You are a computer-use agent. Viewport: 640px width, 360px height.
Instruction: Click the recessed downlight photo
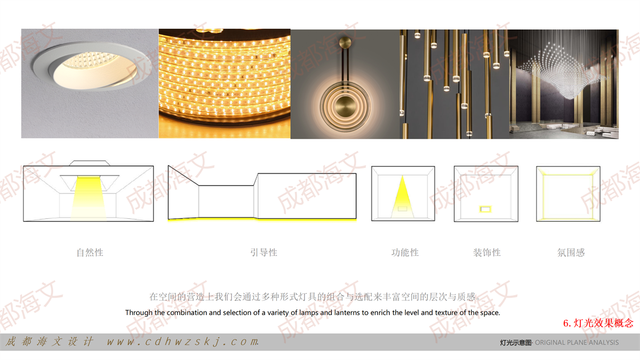pos(90,83)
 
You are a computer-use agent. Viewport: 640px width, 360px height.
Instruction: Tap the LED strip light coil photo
pos(225,83)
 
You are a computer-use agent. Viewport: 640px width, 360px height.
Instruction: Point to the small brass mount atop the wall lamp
pos(346,43)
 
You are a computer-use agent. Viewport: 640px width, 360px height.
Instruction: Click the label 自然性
pos(90,253)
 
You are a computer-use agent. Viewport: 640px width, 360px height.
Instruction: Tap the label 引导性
pos(263,253)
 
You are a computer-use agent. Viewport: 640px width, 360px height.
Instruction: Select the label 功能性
pos(405,253)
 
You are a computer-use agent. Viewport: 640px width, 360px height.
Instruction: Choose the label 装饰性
pos(487,253)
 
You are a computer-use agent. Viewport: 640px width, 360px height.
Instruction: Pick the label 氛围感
pos(571,253)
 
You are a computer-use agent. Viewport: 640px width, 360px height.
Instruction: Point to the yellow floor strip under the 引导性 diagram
pos(262,220)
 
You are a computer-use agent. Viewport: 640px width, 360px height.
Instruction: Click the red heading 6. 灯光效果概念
pos(598,323)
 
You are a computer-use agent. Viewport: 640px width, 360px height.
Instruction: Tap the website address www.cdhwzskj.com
pos(183,341)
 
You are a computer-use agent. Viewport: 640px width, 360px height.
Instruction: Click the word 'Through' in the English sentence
pos(139,313)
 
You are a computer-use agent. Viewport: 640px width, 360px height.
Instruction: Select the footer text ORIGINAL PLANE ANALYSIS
pos(577,342)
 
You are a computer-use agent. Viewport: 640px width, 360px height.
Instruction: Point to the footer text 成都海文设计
pos(49,341)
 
